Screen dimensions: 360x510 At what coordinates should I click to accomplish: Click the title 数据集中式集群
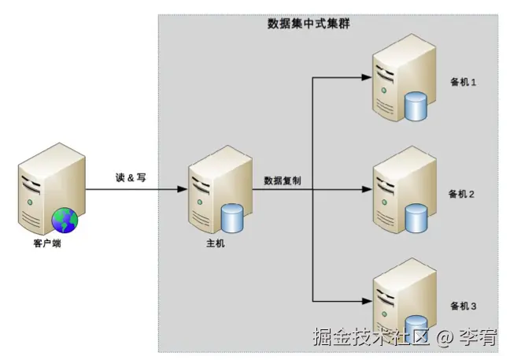point(309,24)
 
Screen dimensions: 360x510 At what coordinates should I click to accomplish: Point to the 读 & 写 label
point(130,178)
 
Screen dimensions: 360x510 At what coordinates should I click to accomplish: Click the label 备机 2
point(464,193)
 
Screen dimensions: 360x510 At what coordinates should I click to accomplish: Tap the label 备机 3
point(464,305)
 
